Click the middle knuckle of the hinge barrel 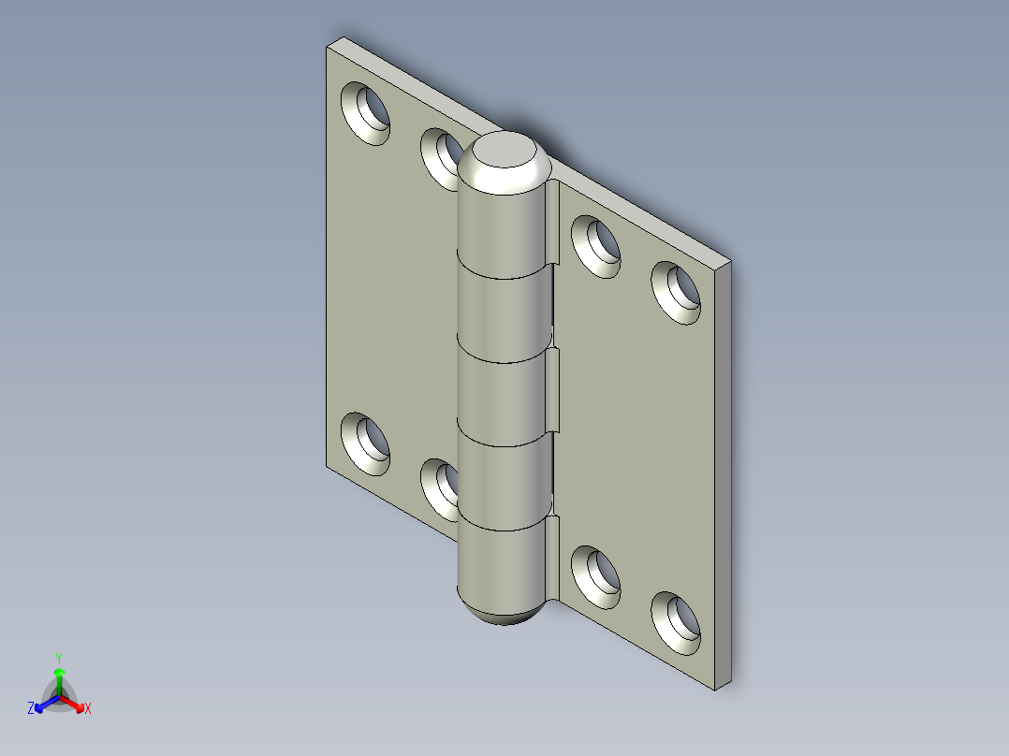502,398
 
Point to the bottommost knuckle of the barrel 502,561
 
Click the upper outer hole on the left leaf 365,111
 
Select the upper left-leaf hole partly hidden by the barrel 440,155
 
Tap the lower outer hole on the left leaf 365,441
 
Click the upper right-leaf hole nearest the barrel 596,246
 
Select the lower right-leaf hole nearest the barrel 596,574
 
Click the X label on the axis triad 88,709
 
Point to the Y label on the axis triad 59,658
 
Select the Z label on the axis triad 31,709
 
